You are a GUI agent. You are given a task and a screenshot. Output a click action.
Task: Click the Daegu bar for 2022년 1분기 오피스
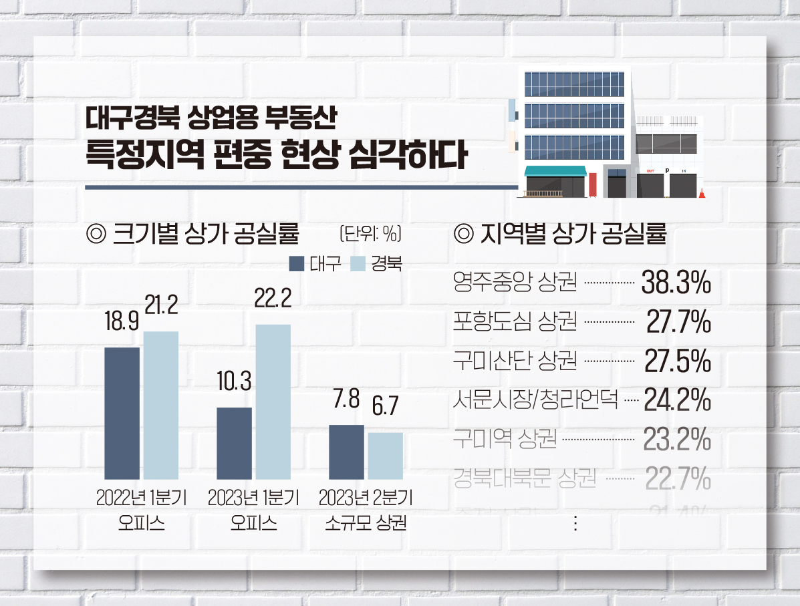coord(122,413)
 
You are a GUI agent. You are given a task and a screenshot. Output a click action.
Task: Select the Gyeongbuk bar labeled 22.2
coord(273,401)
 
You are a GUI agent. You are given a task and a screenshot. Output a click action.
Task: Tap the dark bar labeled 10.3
coord(234,442)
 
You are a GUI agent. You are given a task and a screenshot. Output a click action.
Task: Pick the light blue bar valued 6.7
coord(385,455)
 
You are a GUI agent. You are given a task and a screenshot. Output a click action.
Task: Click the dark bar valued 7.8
coord(346,451)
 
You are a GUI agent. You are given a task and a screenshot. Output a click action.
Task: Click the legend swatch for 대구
coord(297,263)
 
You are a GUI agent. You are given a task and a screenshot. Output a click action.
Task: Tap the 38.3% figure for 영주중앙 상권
coord(676,284)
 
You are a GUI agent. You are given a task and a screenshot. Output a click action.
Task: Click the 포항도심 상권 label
coord(515,323)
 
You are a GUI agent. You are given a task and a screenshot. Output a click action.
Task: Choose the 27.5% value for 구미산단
coord(676,363)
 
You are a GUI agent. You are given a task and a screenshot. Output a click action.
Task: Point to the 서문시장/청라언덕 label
coord(535,402)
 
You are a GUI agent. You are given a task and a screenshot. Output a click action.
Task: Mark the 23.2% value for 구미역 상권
coord(676,440)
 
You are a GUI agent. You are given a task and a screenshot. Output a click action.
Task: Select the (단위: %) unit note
coord(370,234)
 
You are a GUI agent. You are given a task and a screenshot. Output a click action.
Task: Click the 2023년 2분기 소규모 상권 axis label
coord(366,510)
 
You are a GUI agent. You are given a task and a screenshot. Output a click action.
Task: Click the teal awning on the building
coord(555,171)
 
